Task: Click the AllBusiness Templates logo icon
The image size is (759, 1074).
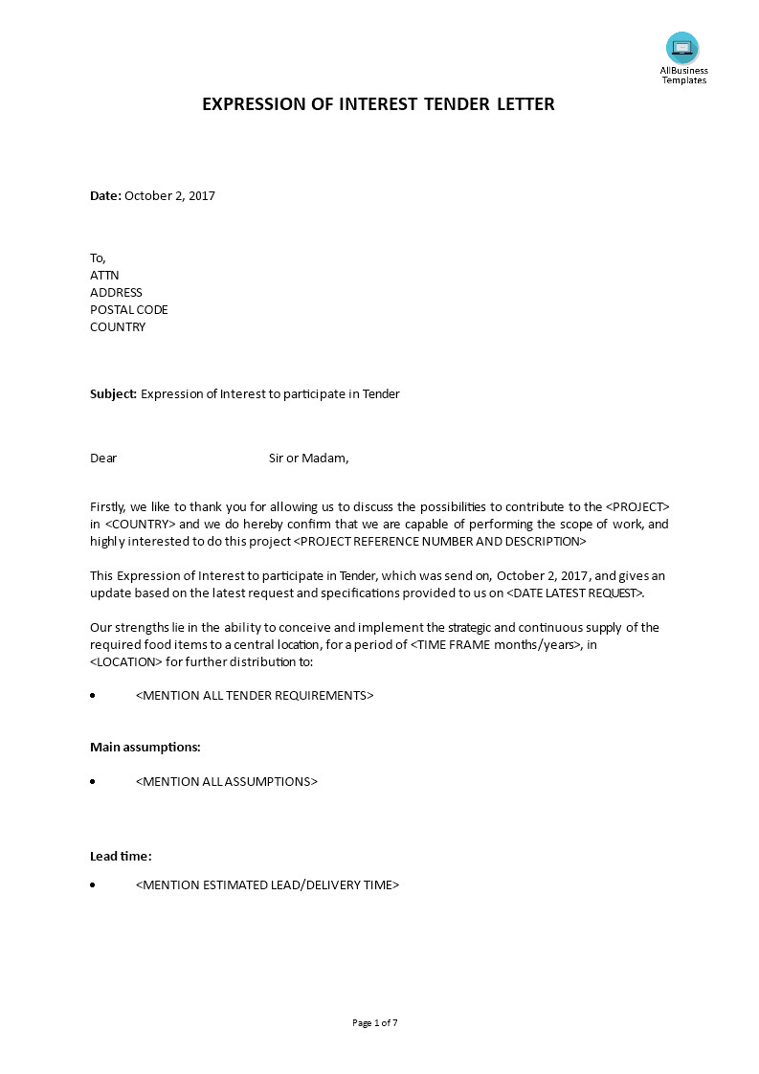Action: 682,48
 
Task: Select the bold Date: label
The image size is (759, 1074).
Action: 105,196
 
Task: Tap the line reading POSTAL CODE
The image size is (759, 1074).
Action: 129,310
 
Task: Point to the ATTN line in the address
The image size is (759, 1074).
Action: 104,276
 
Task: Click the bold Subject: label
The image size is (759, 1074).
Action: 114,394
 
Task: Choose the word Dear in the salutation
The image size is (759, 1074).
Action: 103,459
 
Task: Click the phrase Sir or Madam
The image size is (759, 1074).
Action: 308,459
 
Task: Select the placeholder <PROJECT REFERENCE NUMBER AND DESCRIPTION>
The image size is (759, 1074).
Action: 438,542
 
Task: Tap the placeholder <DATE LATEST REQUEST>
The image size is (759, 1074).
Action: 574,593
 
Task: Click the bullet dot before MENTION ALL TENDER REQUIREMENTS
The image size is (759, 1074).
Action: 93,696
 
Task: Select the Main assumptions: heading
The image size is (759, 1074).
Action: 145,748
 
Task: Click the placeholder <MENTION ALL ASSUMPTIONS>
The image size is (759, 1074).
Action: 227,782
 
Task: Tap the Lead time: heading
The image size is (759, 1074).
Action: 121,857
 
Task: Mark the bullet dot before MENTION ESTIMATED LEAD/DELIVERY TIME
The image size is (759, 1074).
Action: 93,885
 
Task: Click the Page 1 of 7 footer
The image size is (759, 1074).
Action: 375,1023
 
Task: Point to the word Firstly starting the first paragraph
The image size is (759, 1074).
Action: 107,507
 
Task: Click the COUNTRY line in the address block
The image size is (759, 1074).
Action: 118,327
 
